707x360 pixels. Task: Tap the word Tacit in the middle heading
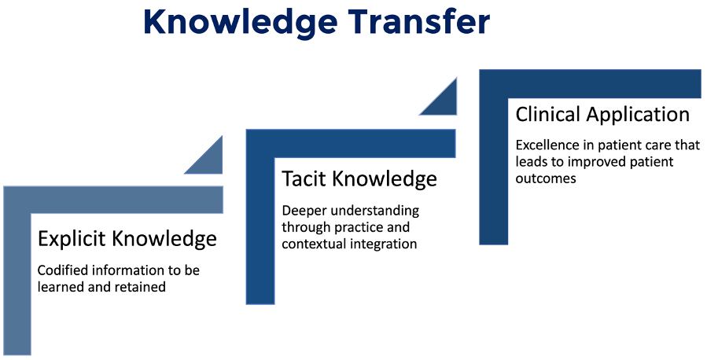(x=304, y=178)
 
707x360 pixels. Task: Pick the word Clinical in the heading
(x=548, y=114)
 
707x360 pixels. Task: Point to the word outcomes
(x=546, y=178)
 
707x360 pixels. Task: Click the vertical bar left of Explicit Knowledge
(x=17, y=284)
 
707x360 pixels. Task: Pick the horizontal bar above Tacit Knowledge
(x=351, y=144)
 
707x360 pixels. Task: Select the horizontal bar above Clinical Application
(x=591, y=84)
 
